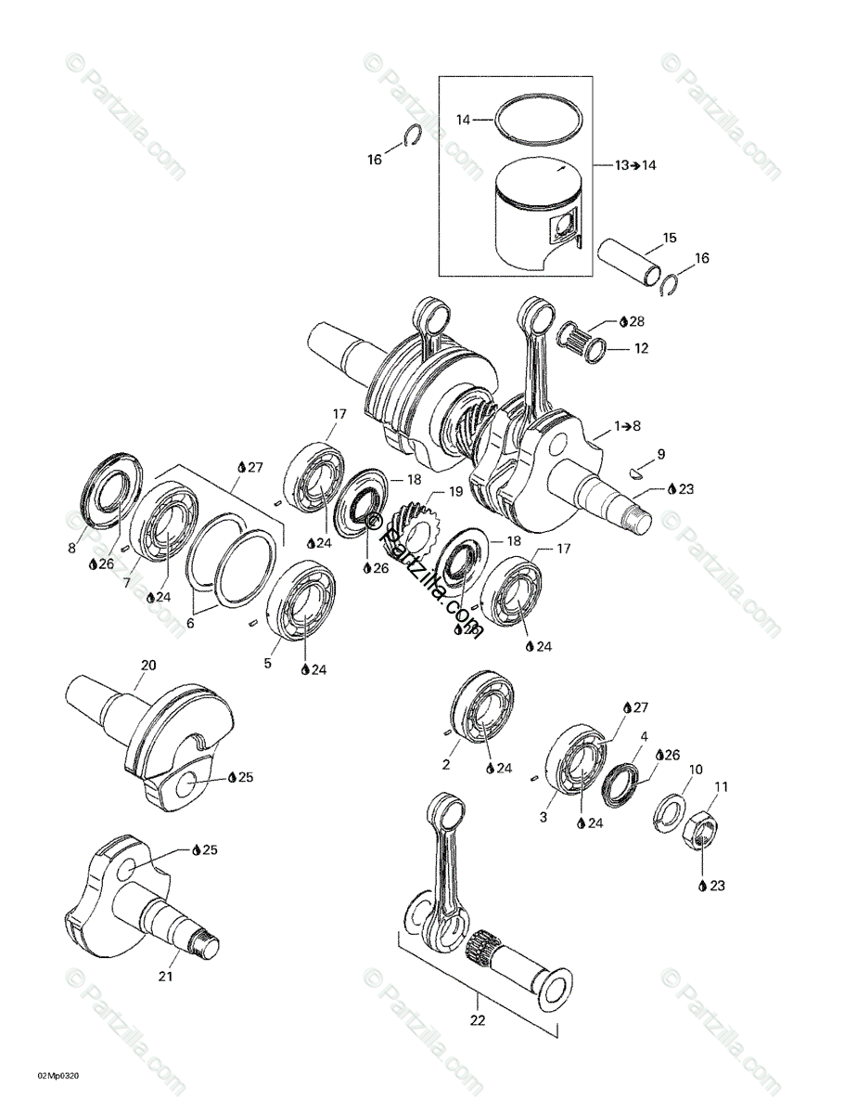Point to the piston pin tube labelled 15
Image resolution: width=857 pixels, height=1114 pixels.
[x=633, y=265]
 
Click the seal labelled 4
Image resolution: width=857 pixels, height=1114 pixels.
[x=620, y=783]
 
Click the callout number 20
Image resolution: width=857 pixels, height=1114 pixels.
[x=148, y=665]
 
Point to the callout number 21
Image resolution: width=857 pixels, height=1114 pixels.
[x=165, y=976]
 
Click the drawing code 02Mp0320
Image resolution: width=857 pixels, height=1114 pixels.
[x=58, y=1076]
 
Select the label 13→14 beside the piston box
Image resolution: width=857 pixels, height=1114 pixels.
[x=635, y=165]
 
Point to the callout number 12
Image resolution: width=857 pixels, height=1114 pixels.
[x=641, y=349]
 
